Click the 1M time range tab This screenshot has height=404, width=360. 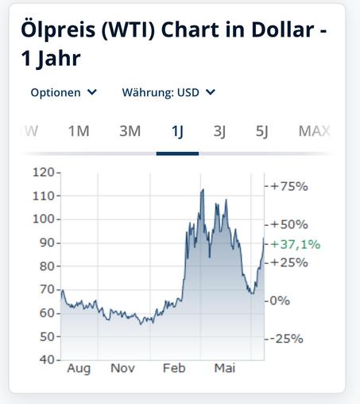[x=79, y=131]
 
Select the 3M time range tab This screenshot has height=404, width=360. [x=130, y=131]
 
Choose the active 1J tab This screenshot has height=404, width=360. [x=177, y=131]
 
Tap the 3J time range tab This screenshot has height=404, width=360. [x=219, y=131]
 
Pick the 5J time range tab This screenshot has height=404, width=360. [x=262, y=131]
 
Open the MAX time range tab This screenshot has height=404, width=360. [x=315, y=131]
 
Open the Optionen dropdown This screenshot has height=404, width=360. [x=64, y=92]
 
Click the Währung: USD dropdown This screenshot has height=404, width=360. [x=168, y=92]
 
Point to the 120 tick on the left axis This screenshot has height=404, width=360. [x=43, y=173]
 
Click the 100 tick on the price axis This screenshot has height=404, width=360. [x=43, y=219]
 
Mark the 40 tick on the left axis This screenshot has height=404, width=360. [x=47, y=359]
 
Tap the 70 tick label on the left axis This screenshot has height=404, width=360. [x=47, y=289]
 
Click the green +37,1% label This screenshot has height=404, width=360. [x=296, y=244]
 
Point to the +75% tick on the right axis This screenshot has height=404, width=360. [x=289, y=186]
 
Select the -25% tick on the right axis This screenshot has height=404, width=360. [x=287, y=339]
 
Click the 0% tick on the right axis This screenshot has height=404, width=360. [x=280, y=301]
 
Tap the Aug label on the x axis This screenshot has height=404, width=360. [x=79, y=369]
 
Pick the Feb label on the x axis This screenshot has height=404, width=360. [x=174, y=368]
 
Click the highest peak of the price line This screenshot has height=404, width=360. [x=203, y=189]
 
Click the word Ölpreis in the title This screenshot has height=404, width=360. [x=58, y=29]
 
